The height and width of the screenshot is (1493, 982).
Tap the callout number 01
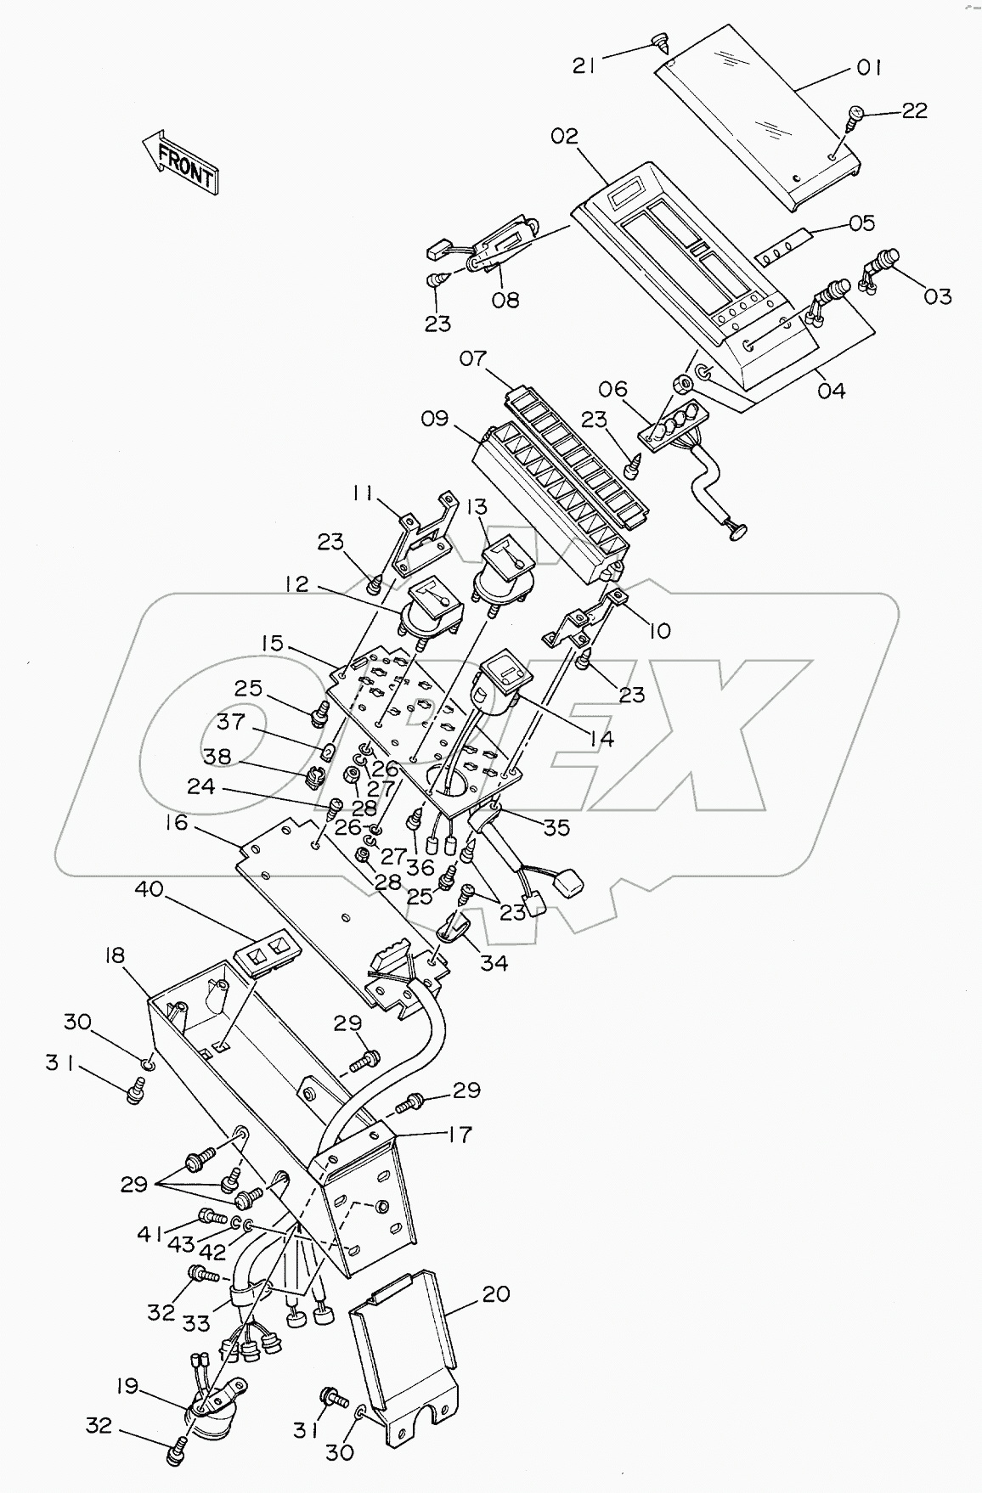pyautogui.click(x=868, y=67)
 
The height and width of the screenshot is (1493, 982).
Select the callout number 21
pyautogui.click(x=584, y=65)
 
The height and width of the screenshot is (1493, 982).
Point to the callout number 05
pyautogui.click(x=861, y=223)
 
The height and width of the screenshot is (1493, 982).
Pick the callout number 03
pyautogui.click(x=938, y=296)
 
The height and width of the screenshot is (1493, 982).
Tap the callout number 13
pyautogui.click(x=477, y=507)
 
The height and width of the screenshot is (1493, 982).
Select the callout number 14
pyautogui.click(x=601, y=739)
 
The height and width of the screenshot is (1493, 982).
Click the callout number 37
pyautogui.click(x=231, y=722)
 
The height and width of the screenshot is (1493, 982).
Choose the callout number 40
pyautogui.click(x=149, y=889)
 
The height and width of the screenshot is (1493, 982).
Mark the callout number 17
pyautogui.click(x=459, y=1134)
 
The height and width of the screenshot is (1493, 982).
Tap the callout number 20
pyautogui.click(x=496, y=1294)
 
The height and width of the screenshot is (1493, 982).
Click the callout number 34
pyautogui.click(x=494, y=962)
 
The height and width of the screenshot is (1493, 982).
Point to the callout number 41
pyautogui.click(x=151, y=1234)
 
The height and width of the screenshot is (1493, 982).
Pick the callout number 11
pyautogui.click(x=363, y=493)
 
